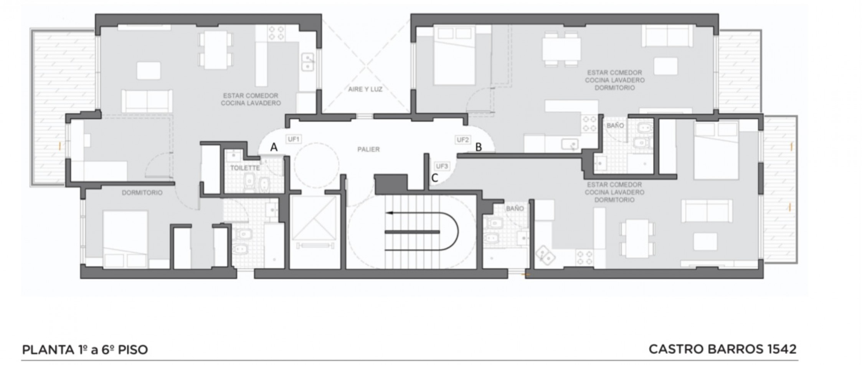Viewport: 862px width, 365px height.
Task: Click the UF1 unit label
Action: coord(293,139)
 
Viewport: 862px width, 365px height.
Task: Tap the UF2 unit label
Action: coord(462,139)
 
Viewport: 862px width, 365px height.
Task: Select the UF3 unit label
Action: coord(442,166)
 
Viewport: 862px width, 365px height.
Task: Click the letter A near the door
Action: coord(274,147)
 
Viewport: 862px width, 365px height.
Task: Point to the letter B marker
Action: coord(479,147)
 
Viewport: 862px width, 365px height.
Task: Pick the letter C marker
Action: coord(435,178)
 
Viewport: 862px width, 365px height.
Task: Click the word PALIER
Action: coord(368,149)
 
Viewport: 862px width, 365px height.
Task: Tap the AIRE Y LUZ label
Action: coord(365,89)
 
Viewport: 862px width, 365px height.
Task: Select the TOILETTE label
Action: coord(245,168)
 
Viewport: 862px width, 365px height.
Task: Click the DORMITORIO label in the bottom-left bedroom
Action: coord(142,192)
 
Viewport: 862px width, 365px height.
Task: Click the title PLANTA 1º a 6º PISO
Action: coord(85,350)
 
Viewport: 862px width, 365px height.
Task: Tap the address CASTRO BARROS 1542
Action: coord(723,349)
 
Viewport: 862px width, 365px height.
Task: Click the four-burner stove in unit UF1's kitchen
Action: coord(276,33)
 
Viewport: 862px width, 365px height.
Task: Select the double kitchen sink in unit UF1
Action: coord(307,62)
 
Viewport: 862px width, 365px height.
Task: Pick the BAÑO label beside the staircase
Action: coord(515,209)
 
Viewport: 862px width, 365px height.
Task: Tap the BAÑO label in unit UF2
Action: coord(615,126)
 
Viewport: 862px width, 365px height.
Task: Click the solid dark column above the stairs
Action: coord(391,184)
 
